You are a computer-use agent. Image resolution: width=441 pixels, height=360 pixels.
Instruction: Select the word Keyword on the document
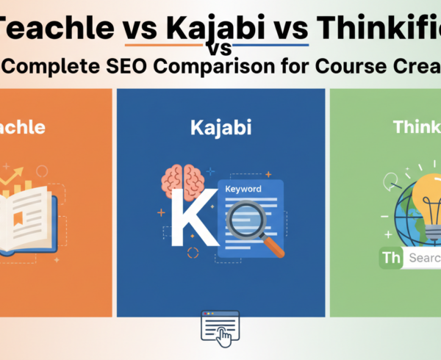click(x=243, y=189)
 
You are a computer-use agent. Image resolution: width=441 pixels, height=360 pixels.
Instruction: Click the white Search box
click(x=423, y=259)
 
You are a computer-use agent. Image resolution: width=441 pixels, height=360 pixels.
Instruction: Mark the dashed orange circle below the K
click(x=193, y=253)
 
